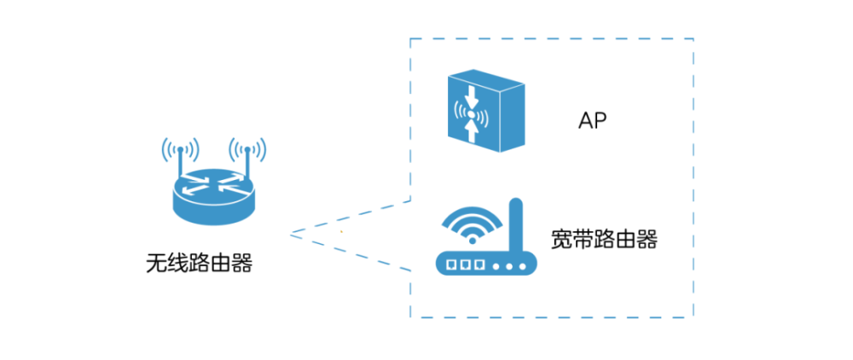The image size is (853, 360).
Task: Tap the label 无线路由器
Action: pos(200,263)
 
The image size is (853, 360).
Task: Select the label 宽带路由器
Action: pos(604,239)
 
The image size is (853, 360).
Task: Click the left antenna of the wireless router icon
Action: pos(180,160)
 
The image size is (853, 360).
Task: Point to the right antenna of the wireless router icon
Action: pos(247,160)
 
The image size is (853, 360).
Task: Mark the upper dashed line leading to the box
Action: pos(350,217)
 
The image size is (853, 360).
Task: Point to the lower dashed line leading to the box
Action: pos(350,251)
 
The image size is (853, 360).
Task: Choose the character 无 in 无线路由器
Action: pos(156,263)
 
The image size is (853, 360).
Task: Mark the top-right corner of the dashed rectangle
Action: pos(693,38)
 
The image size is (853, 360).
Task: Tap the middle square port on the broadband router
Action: pos(467,264)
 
